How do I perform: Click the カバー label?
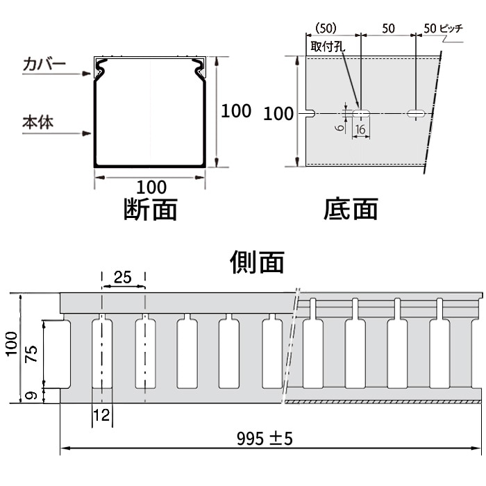[x=44, y=65]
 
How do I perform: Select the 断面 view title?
[x=150, y=208]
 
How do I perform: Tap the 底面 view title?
[x=351, y=208]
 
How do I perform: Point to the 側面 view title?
[x=257, y=262]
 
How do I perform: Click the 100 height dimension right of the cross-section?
[x=236, y=111]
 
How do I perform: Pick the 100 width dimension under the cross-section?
[x=151, y=187]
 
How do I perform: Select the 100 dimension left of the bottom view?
[x=279, y=114]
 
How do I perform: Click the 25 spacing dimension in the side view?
[x=123, y=278]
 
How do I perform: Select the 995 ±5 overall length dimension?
[x=265, y=439]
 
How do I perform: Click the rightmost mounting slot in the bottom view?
[x=415, y=113]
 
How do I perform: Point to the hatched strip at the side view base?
[x=382, y=402]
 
